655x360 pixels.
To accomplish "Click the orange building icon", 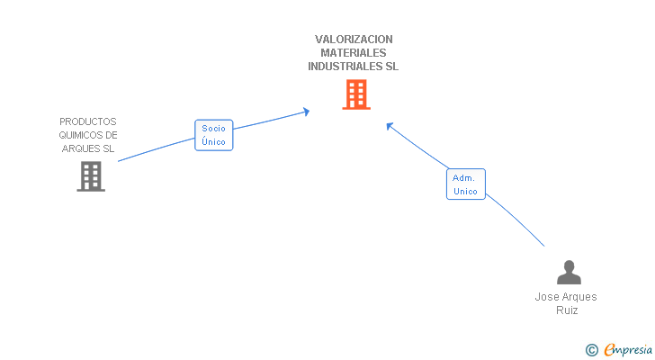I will pyautogui.click(x=356, y=94).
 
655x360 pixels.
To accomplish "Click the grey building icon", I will pyautogui.click(x=91, y=176).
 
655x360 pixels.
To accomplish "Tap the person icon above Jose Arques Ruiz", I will pyautogui.click(x=569, y=272).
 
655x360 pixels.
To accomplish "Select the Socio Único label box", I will pyautogui.click(x=214, y=135).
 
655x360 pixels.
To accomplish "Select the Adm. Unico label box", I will pyautogui.click(x=465, y=184).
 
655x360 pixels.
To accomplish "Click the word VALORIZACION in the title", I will pyautogui.click(x=354, y=40).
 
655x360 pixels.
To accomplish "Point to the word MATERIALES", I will pyautogui.click(x=354, y=53).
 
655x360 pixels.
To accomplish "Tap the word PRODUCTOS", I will pyautogui.click(x=88, y=121).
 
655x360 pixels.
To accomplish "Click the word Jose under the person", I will pyautogui.click(x=546, y=297).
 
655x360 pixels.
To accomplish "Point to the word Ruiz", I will pyautogui.click(x=567, y=310).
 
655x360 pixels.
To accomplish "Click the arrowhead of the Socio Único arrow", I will pyautogui.click(x=306, y=112).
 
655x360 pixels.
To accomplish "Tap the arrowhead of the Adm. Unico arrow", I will pyautogui.click(x=390, y=125).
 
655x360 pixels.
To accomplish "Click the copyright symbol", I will pyautogui.click(x=591, y=349).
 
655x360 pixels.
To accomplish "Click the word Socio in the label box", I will pyautogui.click(x=214, y=129).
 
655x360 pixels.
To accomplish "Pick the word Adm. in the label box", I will pyautogui.click(x=465, y=177).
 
